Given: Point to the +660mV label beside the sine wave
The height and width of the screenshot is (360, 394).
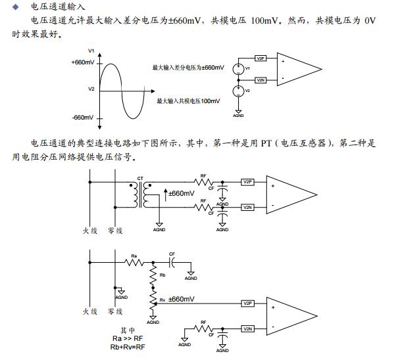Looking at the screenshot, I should [x=82, y=62].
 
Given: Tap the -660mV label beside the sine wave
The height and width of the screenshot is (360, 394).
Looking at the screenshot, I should [x=83, y=118].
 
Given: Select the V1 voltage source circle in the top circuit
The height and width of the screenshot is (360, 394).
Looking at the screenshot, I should [x=239, y=68].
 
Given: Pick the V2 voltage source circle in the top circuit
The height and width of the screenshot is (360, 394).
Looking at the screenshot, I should [x=239, y=91].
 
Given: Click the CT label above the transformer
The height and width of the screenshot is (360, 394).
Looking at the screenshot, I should [x=140, y=178].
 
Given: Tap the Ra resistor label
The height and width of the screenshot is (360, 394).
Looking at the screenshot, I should [x=134, y=255].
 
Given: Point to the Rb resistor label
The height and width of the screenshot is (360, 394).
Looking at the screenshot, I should [x=162, y=275].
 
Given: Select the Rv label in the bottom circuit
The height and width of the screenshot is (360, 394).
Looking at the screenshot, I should [x=162, y=300].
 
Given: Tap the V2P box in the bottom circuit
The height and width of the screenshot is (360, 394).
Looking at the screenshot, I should [x=247, y=304].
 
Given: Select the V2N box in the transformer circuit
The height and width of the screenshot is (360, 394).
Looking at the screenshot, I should [x=247, y=207].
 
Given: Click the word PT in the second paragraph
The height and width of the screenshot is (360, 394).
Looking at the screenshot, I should [x=266, y=143].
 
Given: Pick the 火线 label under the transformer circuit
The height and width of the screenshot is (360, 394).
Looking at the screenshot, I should [x=90, y=231].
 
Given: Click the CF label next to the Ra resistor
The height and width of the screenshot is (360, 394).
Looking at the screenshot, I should [x=172, y=254].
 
